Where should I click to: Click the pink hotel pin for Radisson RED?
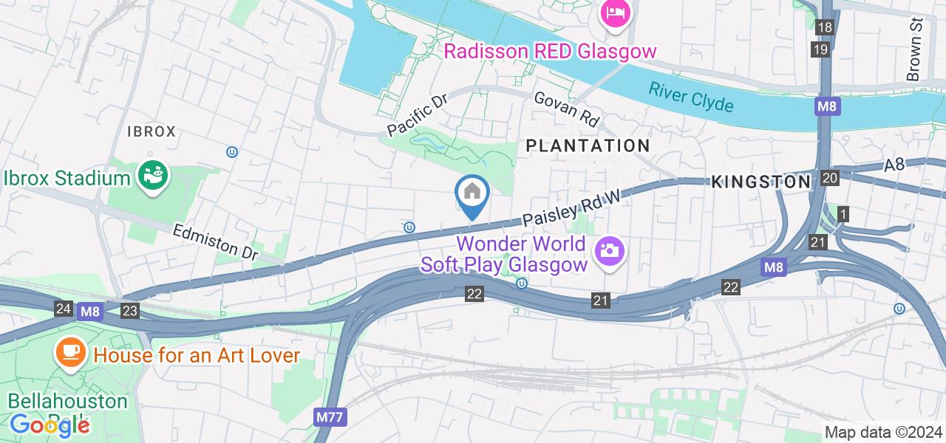pos(615,14)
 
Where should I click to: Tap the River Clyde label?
pos(691,97)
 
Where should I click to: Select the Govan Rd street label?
pos(566,109)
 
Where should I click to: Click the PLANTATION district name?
pos(588,145)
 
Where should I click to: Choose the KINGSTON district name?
pos(761,182)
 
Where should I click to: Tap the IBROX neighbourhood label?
pos(152,131)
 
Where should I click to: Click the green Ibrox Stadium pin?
pos(153,176)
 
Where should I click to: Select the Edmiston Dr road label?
pos(215,242)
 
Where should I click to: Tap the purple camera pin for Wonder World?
pos(610,251)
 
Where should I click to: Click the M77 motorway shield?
pos(329,418)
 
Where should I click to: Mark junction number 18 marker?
pos(825,28)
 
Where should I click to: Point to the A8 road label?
pos(894,165)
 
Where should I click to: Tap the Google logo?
pos(49,425)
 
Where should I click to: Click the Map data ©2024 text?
pos(884,432)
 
